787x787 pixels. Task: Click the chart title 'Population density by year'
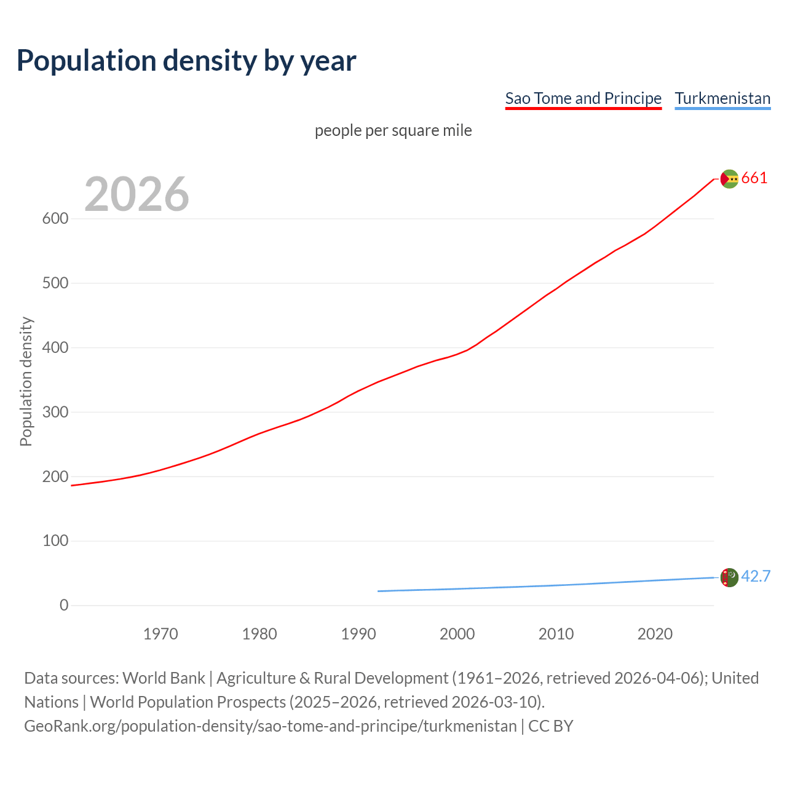(x=186, y=60)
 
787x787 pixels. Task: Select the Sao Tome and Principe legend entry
(x=583, y=98)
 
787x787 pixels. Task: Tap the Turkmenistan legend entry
(x=722, y=98)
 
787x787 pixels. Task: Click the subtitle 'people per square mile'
(x=393, y=130)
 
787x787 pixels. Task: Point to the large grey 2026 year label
(x=136, y=194)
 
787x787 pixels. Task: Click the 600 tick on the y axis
(x=55, y=219)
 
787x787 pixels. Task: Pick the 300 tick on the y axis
(x=55, y=412)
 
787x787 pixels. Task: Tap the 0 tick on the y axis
(x=64, y=605)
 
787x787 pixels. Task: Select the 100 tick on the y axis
(x=55, y=541)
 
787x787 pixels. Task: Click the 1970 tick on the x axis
(x=160, y=634)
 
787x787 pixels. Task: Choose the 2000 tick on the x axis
(x=457, y=634)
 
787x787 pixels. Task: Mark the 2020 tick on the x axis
(x=655, y=634)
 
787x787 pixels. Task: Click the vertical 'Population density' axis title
(x=26, y=381)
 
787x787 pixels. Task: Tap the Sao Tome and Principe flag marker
(x=729, y=179)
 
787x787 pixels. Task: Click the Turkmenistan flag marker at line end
(x=729, y=577)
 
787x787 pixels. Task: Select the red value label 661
(x=754, y=178)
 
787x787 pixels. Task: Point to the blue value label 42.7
(x=756, y=576)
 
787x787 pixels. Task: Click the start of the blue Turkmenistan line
(x=379, y=591)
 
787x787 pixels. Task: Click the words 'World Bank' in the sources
(x=164, y=678)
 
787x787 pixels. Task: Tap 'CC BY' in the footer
(x=550, y=726)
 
